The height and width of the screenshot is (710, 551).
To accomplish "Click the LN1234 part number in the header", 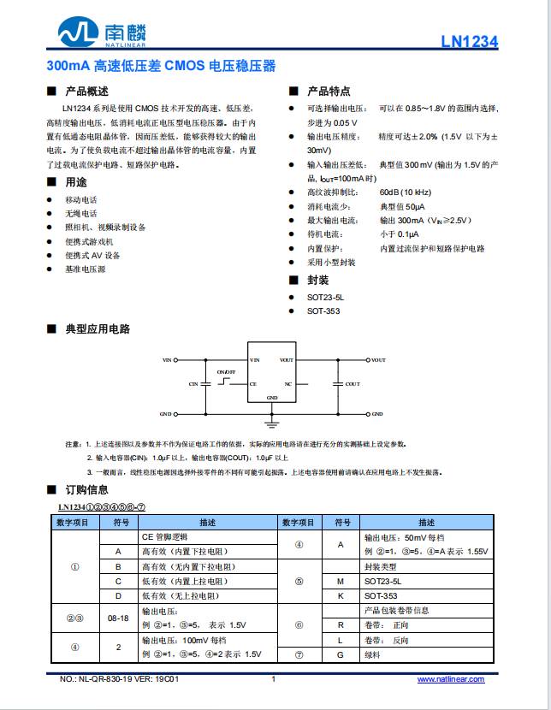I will coord(469,42).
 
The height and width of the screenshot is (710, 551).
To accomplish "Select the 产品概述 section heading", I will coord(86,92).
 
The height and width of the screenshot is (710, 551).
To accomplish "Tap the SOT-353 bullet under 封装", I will coord(323,311).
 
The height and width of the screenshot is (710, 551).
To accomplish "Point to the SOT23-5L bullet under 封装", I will coord(325,298).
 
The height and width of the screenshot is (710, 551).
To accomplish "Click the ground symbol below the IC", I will coord(272,422).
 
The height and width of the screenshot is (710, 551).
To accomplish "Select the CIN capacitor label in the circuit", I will coord(193,385).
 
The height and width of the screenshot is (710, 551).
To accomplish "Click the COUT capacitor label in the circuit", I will coord(353,385).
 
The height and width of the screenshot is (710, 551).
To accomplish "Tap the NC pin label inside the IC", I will coord(288,384).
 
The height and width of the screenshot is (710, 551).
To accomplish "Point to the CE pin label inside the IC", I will coord(253,384).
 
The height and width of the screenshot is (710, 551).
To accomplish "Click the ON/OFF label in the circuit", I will coord(225,372).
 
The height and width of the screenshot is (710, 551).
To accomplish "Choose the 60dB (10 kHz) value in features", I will coord(406,192).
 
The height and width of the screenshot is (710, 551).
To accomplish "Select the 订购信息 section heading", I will coord(86,490).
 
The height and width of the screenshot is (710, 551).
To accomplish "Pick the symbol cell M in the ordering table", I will coord(341,581).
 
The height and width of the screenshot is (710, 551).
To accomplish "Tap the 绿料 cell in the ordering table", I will coord(374,654).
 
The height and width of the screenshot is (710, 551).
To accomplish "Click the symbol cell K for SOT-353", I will coord(341,595).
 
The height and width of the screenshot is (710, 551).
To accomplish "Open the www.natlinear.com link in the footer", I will coord(450,679).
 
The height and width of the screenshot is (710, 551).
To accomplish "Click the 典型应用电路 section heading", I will coord(98,329).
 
